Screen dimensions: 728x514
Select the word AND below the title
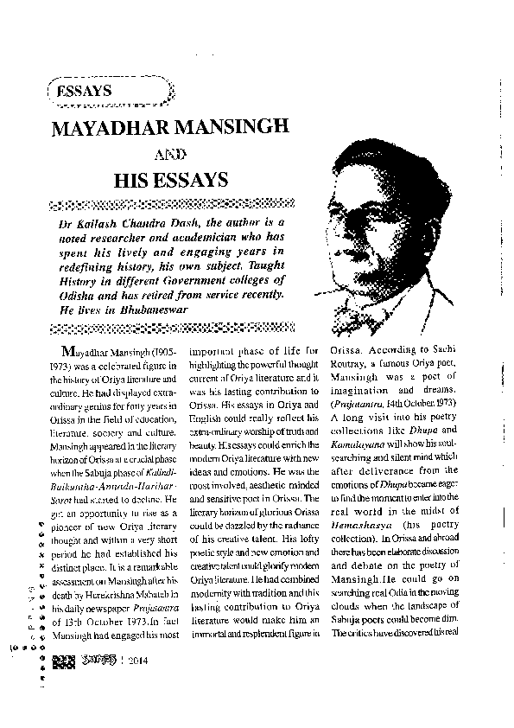coord(176,156)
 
